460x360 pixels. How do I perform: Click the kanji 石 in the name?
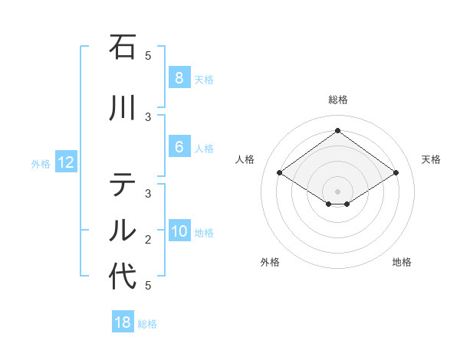tap(123, 47)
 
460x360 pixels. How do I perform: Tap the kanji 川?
tap(123, 108)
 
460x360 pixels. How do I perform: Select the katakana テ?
tap(123, 185)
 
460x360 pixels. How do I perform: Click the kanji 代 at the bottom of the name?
tap(123, 277)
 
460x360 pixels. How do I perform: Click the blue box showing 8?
tap(179, 78)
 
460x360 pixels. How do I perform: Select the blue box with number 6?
tap(179, 148)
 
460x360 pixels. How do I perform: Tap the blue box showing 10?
tap(179, 232)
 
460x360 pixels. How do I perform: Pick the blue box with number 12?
tap(65, 162)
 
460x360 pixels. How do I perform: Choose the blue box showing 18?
tap(123, 322)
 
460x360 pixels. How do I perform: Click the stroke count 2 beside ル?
tap(148, 240)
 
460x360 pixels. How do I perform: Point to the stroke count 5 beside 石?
tap(148, 56)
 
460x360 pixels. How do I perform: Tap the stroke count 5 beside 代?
tap(148, 286)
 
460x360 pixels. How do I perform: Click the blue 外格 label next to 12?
tap(40, 163)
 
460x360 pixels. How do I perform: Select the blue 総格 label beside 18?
tap(147, 324)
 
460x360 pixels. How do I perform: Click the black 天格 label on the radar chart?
tap(431, 159)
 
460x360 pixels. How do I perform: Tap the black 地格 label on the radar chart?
tap(402, 262)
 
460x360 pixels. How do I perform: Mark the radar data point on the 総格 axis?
tap(337, 131)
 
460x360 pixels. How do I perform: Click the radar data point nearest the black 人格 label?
tap(279, 173)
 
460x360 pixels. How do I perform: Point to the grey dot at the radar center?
tap(337, 191)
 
